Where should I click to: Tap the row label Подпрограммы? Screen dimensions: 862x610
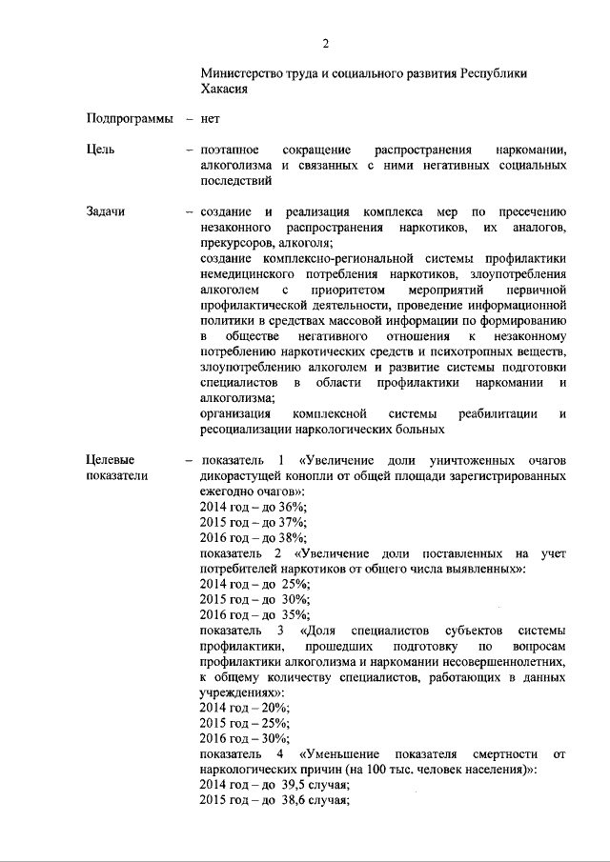[x=130, y=119]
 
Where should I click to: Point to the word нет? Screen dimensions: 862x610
[x=211, y=119]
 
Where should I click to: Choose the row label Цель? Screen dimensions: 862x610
[x=100, y=150]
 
